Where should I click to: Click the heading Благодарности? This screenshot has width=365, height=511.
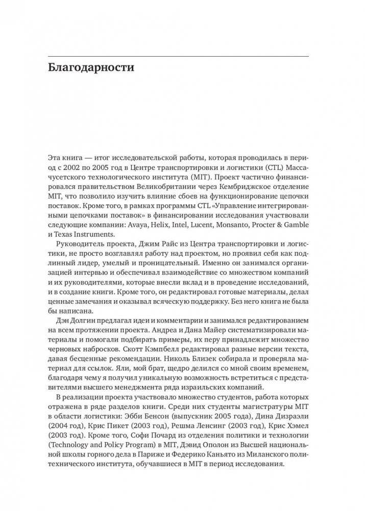(x=98, y=68)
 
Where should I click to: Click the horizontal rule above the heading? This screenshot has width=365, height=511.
(x=182, y=55)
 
